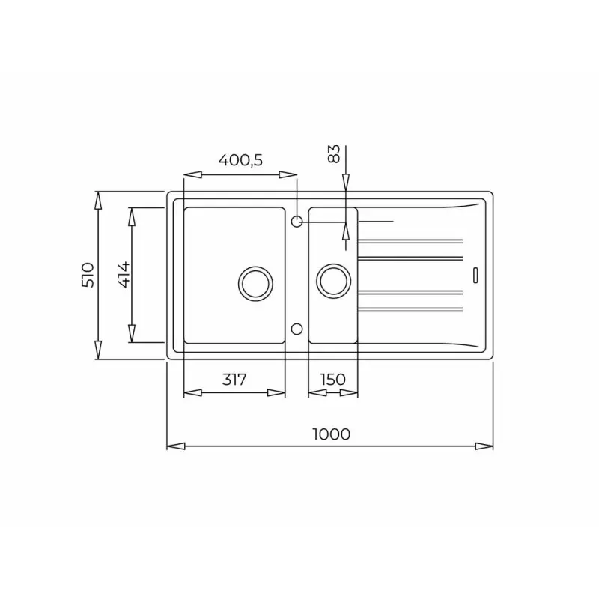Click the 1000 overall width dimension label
pos(329,434)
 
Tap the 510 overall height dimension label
pos(88,276)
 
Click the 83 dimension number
pos(335,153)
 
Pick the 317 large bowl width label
pos(234,380)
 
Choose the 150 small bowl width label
pos(332,380)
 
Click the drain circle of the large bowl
pos(255,282)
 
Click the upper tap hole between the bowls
pos(297,221)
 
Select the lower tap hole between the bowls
pos(297,329)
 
